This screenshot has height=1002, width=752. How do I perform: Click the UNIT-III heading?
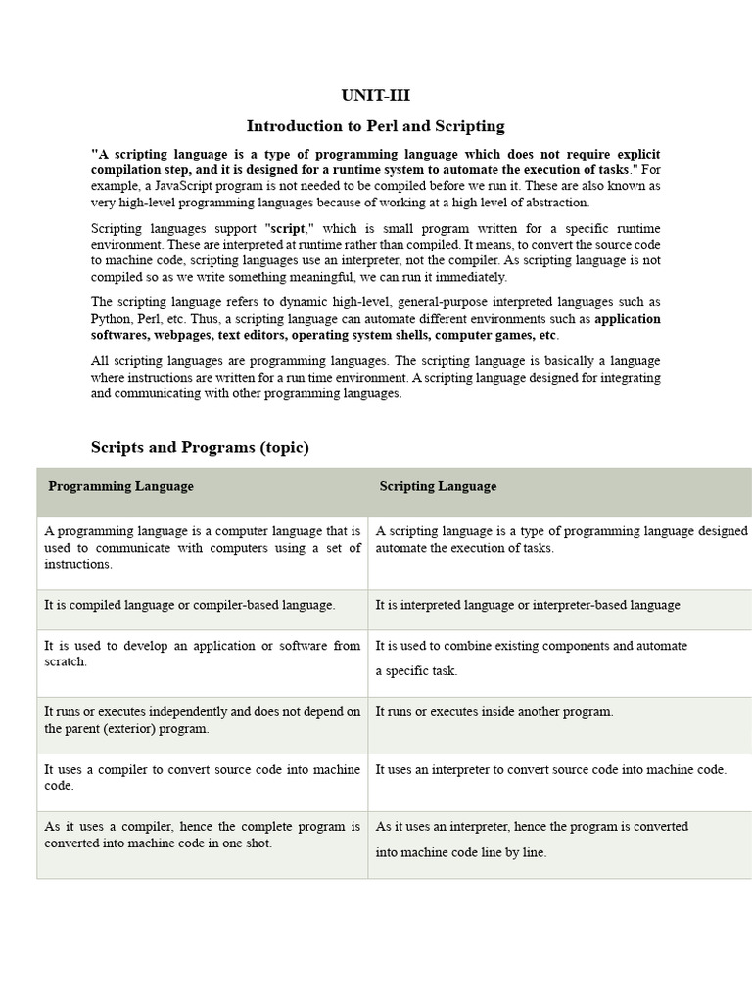(376, 95)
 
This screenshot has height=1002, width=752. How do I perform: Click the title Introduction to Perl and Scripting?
(376, 125)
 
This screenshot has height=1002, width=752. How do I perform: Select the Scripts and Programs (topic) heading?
(200, 447)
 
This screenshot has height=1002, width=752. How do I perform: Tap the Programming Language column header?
(121, 486)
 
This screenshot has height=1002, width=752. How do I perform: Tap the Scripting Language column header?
(438, 486)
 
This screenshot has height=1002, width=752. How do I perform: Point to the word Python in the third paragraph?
(112, 319)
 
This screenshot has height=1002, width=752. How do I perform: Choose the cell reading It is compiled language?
(190, 605)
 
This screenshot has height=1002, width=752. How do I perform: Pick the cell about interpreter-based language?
(527, 605)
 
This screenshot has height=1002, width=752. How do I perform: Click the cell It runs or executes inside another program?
(494, 711)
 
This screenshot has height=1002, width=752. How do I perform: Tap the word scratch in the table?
(66, 661)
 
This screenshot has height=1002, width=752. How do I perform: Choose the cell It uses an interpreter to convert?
(550, 770)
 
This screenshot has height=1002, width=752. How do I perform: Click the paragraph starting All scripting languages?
(376, 377)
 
